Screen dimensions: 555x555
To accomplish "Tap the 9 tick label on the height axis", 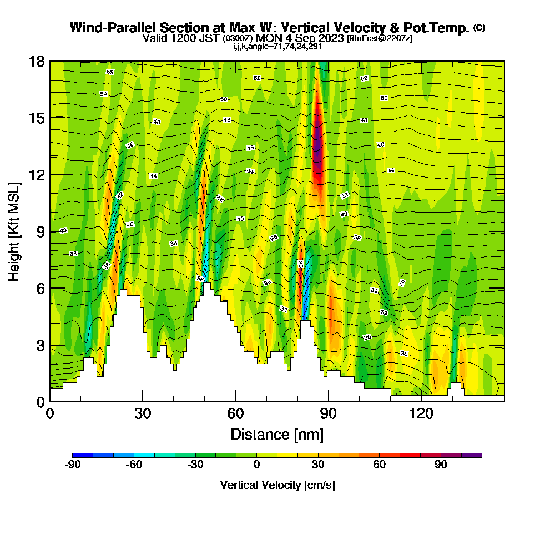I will [41, 231].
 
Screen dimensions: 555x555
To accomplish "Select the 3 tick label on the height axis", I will [41, 345].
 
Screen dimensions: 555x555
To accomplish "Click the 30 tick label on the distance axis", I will [143, 413].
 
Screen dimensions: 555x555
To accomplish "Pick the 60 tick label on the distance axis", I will [236, 413].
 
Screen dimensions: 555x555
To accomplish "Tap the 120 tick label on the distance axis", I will [421, 413].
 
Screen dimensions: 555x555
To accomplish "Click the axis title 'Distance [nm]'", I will [277, 433].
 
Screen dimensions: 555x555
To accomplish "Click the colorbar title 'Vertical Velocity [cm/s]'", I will [277, 485].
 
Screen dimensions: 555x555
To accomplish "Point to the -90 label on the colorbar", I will [73, 465].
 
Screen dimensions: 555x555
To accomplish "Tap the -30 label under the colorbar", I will [195, 465].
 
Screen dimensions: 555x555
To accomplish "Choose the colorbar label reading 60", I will [379, 465].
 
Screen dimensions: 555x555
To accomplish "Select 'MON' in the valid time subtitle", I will [268, 38].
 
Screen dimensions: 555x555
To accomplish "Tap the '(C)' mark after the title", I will [480, 28].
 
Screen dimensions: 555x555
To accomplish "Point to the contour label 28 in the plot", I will [404, 354].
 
